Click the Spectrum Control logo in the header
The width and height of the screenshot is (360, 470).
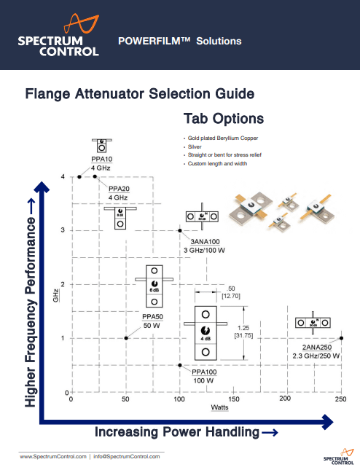pos(59,36)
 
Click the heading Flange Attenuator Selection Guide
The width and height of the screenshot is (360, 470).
pos(139,94)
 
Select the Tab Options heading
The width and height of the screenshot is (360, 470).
pos(223,118)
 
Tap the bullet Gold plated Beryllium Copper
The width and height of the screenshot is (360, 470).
pos(222,138)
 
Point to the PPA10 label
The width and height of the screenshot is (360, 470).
pos(102,158)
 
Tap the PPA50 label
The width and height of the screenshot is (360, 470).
pos(152,317)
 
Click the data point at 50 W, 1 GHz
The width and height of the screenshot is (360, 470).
pos(126,338)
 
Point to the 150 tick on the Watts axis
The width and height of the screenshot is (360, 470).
pos(234,399)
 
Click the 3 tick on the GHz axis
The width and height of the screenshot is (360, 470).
pos(63,230)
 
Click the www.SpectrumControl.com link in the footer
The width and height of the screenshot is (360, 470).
pos(53,456)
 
